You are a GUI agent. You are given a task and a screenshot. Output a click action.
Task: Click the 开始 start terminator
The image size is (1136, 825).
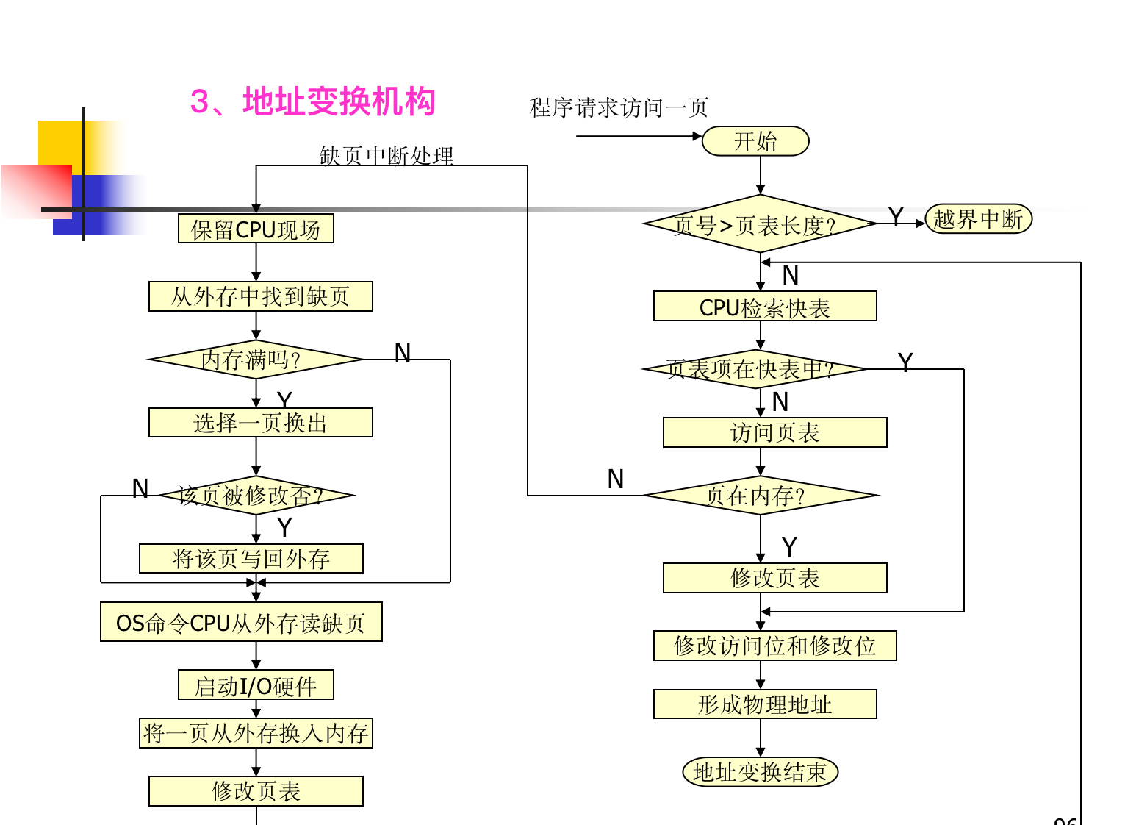click(755, 141)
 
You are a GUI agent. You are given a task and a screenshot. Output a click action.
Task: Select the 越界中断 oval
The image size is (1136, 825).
click(978, 219)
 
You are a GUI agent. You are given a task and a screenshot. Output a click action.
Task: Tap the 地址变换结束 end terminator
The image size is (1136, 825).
click(760, 772)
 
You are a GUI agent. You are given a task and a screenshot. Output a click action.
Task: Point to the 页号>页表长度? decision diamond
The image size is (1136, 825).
click(760, 224)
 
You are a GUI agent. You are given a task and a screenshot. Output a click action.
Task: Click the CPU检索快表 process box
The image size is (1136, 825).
click(765, 307)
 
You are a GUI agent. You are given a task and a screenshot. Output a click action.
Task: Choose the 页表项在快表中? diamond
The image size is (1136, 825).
click(754, 369)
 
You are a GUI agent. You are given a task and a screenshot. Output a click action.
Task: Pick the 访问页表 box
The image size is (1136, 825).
click(774, 432)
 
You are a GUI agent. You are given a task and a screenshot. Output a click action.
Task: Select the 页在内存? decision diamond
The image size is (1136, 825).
click(760, 496)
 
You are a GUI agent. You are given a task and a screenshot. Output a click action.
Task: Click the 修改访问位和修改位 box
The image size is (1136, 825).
click(774, 646)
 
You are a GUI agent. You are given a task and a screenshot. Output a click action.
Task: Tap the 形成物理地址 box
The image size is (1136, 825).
click(765, 704)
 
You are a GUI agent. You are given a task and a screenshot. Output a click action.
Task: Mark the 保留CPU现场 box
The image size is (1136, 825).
click(256, 229)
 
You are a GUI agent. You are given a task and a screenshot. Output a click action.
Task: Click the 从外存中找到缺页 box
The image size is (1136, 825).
click(260, 296)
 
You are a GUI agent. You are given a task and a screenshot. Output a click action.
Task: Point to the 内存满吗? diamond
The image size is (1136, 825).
click(255, 360)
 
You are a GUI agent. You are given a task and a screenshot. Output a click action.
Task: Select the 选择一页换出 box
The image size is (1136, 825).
click(260, 423)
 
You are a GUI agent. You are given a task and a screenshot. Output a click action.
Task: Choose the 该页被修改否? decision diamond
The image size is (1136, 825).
click(255, 496)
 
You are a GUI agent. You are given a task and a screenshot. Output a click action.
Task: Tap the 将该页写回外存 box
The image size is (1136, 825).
click(251, 559)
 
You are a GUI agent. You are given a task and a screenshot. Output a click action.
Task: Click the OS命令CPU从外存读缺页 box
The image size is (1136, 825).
click(241, 623)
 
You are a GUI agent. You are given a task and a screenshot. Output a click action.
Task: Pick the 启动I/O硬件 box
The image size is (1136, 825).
click(256, 685)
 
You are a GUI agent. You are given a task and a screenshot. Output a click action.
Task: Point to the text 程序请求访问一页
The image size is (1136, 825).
click(619, 108)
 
